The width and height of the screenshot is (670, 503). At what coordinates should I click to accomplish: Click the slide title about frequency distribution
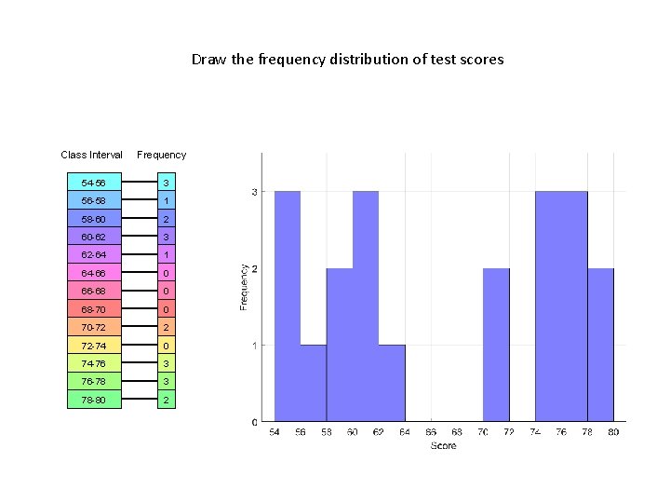[x=347, y=60]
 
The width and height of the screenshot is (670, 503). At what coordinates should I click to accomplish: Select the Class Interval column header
[x=91, y=155]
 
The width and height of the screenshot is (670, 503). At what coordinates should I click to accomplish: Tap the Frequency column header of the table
[x=161, y=155]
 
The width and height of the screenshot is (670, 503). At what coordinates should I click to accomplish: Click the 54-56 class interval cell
[x=94, y=184]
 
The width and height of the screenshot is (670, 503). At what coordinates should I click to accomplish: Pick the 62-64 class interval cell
[x=94, y=255]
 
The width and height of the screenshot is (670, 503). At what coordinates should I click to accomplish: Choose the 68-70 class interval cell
[x=94, y=309]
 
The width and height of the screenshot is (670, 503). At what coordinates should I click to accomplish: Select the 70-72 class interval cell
[x=94, y=328]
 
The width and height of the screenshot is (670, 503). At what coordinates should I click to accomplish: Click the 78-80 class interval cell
[x=94, y=401]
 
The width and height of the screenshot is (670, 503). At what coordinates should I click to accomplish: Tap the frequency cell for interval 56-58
[x=165, y=201]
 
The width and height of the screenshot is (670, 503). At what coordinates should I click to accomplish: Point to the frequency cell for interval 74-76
[x=165, y=364]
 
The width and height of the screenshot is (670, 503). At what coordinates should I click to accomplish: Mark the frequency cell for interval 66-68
[x=165, y=292]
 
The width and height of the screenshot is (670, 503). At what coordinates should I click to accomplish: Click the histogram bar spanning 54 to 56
[x=288, y=307]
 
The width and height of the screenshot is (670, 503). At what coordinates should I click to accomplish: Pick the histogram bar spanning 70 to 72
[x=496, y=345]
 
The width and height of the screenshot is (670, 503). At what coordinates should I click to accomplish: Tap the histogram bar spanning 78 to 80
[x=600, y=345]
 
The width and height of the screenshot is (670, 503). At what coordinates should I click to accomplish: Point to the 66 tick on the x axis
[x=431, y=433]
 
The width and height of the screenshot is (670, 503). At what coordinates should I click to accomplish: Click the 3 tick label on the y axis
[x=255, y=192]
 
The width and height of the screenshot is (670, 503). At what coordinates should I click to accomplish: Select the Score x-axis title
[x=444, y=446]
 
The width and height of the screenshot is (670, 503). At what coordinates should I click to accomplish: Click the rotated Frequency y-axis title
[x=244, y=287]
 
